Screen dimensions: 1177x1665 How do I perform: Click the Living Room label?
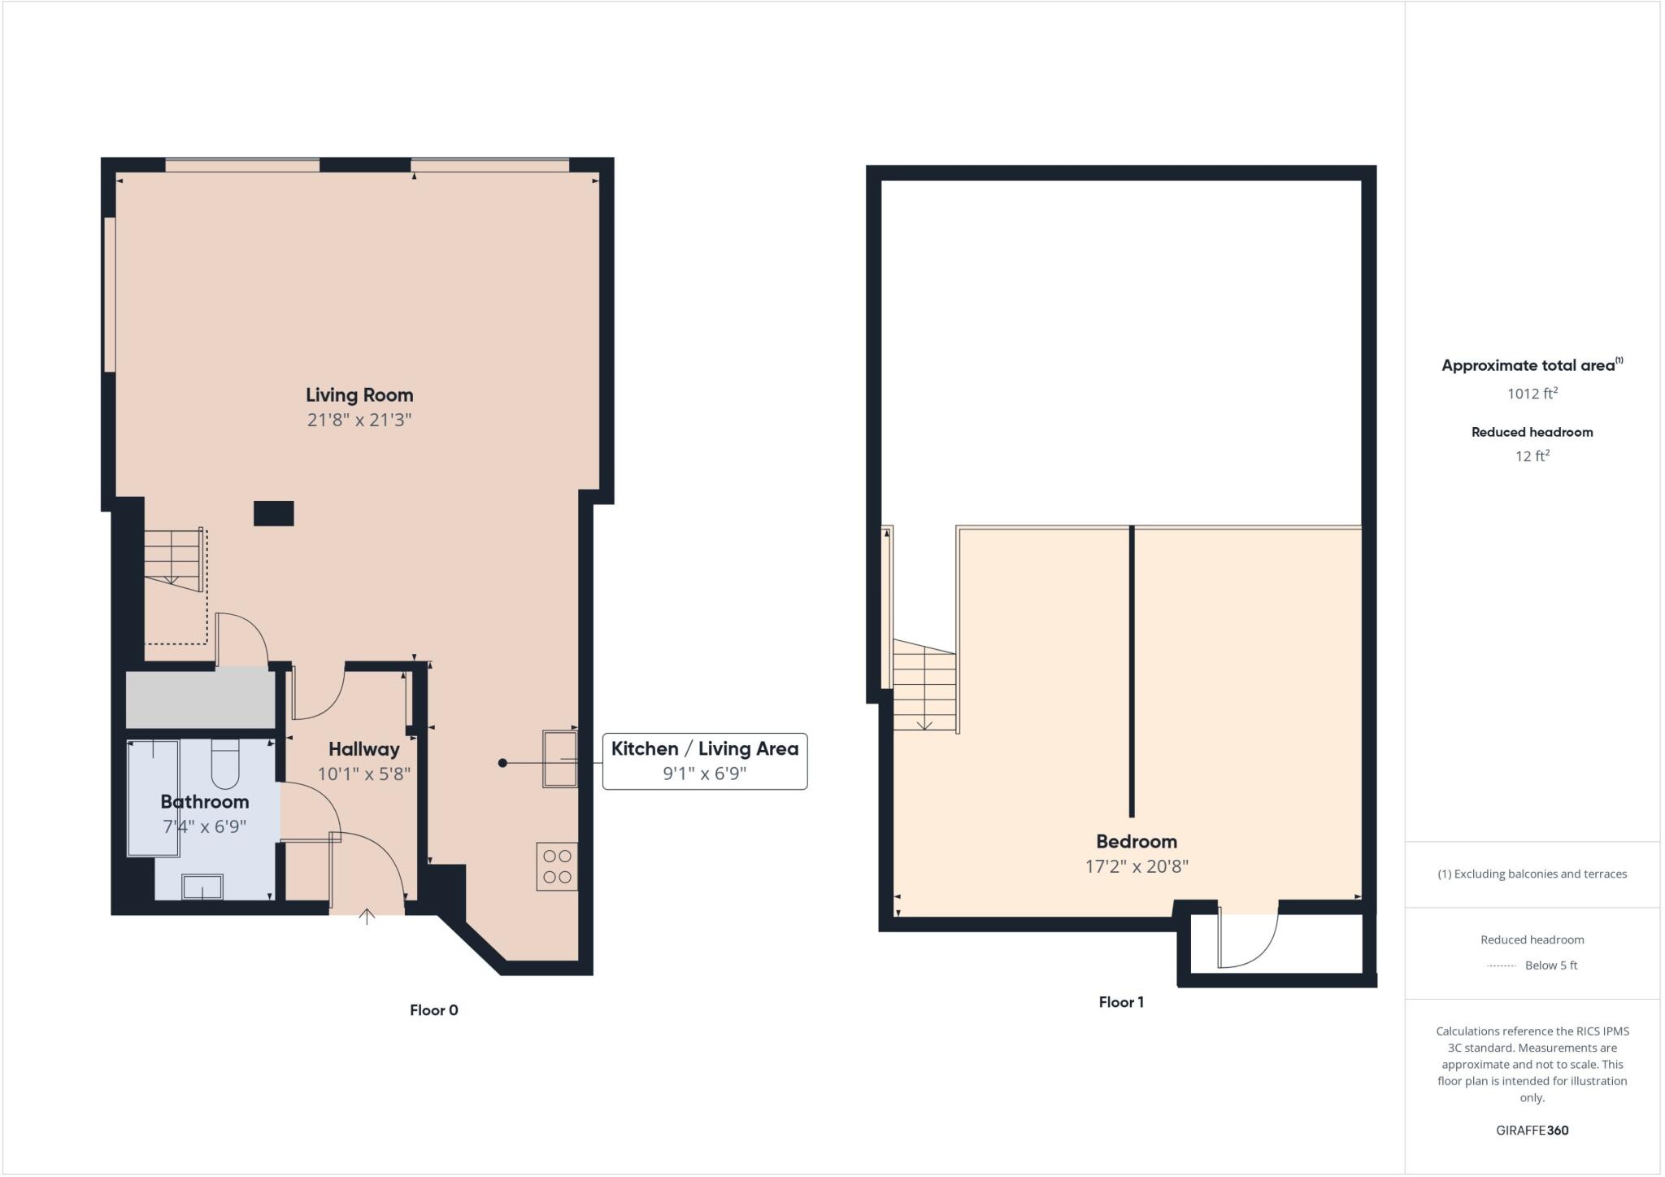[359, 395]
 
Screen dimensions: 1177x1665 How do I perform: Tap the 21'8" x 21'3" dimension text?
[359, 421]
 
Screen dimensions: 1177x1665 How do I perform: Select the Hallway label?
[363, 749]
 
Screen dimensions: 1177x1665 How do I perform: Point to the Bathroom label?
[204, 802]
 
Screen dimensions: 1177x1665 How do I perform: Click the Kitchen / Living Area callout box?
[704, 761]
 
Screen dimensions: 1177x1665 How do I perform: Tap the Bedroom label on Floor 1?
[1136, 842]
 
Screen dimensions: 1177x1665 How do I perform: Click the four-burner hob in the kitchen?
[557, 866]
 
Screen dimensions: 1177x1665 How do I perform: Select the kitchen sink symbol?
[559, 759]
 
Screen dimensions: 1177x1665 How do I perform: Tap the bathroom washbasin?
[202, 887]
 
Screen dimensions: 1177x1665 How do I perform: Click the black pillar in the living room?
[273, 513]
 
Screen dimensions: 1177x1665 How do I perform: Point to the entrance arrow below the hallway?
[367, 917]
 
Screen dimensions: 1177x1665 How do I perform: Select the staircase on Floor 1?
[924, 685]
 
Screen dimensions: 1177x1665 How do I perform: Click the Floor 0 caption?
[433, 1010]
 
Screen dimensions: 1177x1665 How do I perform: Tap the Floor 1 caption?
[1120, 1002]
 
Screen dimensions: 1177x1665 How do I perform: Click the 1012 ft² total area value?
[1532, 394]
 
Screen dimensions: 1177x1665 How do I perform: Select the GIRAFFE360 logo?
[1532, 1130]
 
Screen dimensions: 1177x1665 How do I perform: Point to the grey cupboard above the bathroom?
[200, 699]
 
